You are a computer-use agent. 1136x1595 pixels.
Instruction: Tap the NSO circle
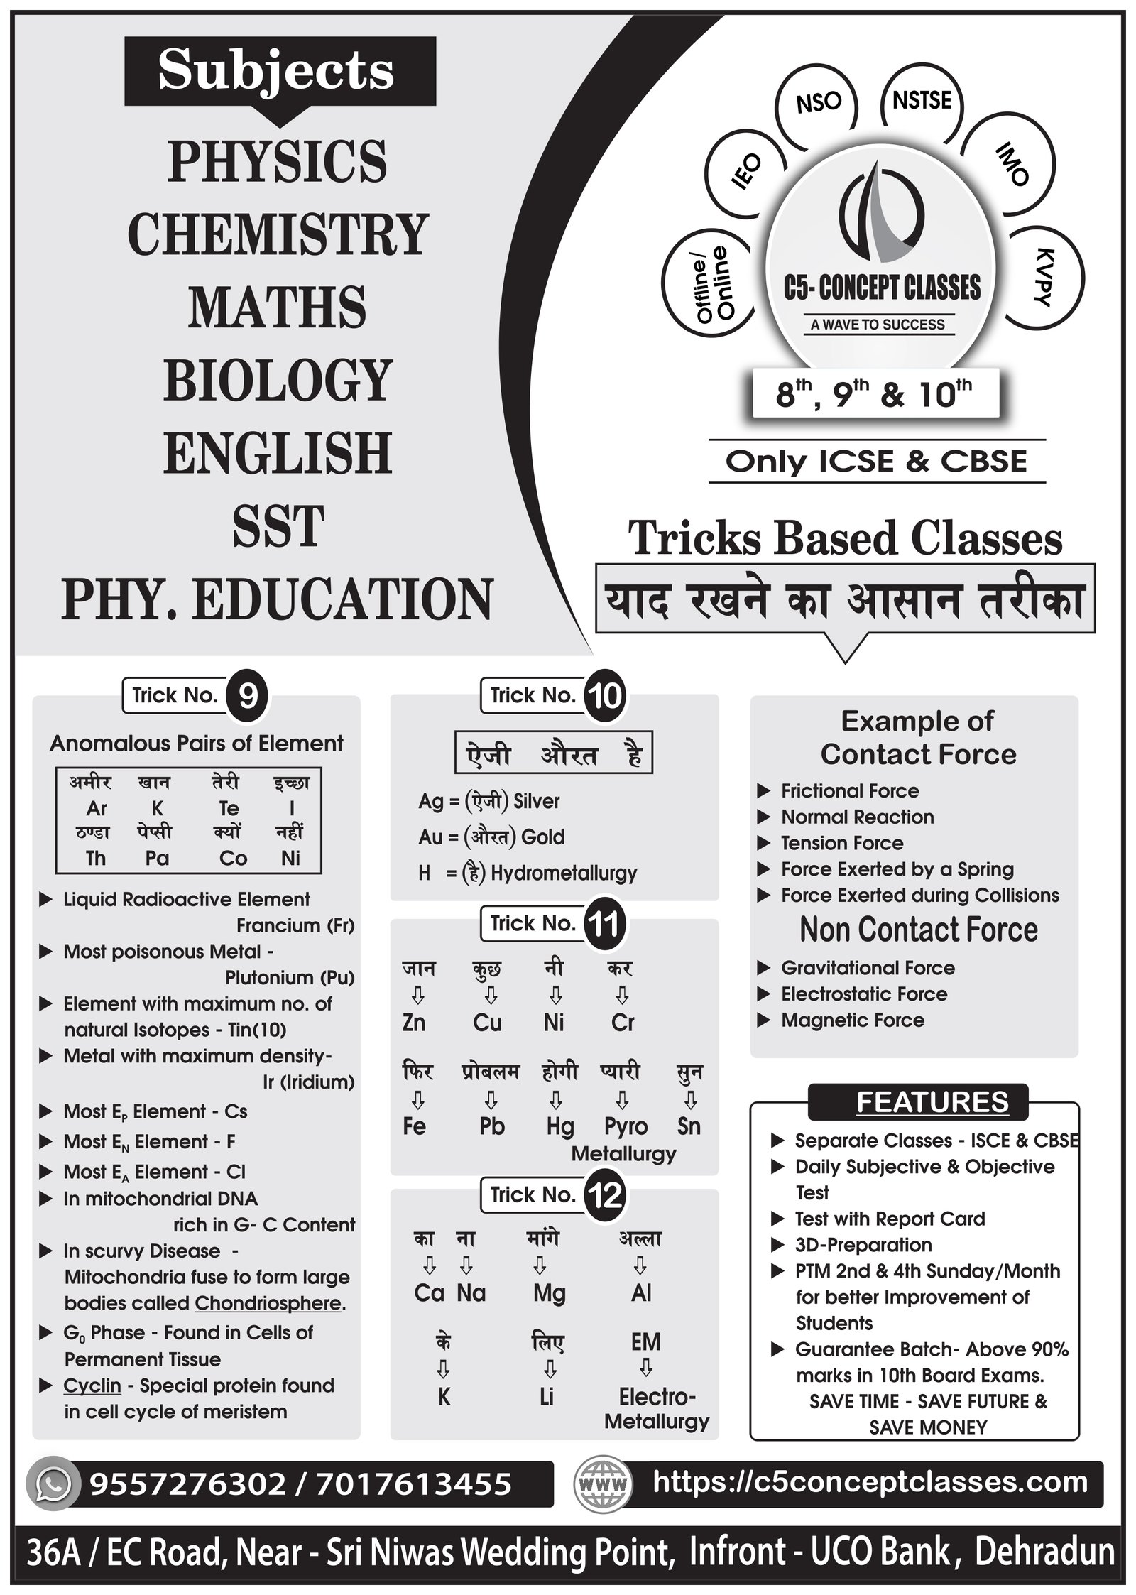[818, 104]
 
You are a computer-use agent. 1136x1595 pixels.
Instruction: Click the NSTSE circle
[922, 101]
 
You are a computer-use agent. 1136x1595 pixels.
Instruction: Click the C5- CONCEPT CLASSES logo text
[882, 288]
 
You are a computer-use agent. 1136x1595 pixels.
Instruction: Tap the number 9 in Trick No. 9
[247, 697]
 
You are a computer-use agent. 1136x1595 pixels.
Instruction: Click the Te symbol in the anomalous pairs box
[229, 808]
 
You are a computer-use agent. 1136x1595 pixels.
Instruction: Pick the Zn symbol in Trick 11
[414, 1022]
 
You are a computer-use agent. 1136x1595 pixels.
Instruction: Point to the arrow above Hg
[557, 1100]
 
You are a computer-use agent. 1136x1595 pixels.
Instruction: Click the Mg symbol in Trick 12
[549, 1293]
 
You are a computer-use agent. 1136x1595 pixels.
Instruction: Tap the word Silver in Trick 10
[536, 801]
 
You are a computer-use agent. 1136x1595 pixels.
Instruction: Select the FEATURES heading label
[932, 1101]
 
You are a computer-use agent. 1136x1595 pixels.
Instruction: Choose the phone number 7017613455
[414, 1484]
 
